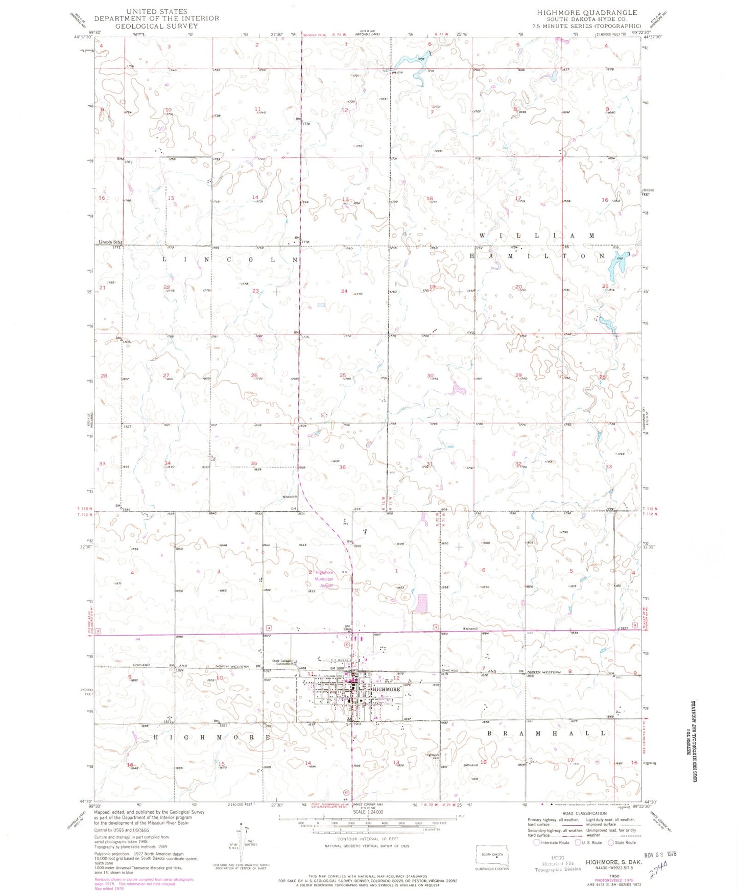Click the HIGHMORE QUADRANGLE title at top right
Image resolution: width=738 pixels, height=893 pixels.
click(x=587, y=13)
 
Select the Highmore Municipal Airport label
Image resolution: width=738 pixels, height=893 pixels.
click(x=322, y=579)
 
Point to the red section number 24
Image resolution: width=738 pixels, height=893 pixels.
click(x=344, y=291)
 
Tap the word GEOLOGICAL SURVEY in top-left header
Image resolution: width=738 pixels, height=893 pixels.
click(x=156, y=26)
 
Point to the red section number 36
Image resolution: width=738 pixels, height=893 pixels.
click(x=342, y=467)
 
